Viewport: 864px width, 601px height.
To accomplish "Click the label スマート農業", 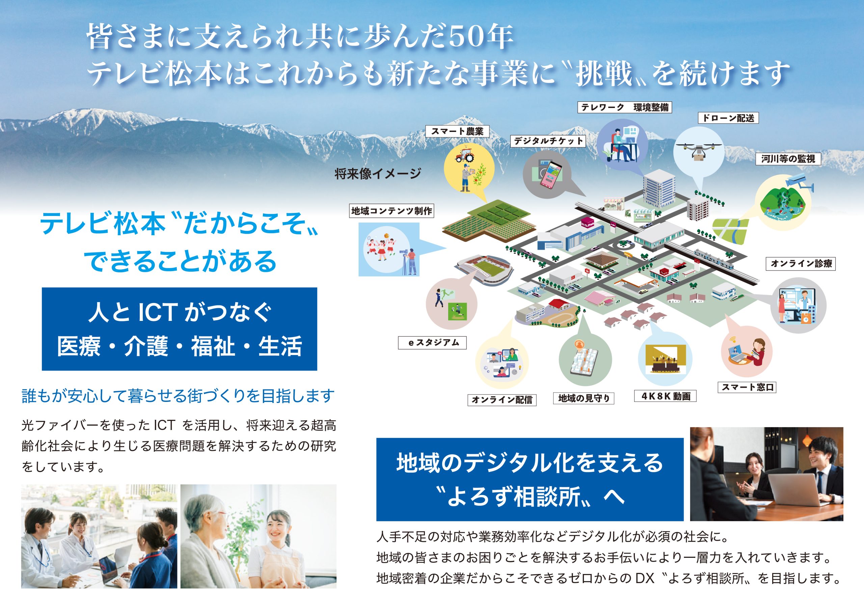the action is (457, 131).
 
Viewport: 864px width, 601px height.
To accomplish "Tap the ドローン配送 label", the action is (728, 118).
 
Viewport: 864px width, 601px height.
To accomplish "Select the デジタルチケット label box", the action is (548, 141).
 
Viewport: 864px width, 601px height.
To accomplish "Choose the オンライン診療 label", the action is (801, 264).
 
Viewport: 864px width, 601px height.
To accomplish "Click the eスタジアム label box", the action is (432, 343).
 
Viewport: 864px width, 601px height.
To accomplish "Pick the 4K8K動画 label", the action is (665, 396).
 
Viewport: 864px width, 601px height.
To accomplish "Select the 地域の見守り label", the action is (584, 398).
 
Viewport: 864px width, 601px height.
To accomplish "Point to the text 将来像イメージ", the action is (377, 173).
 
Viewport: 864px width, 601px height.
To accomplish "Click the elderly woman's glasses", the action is (219, 516).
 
